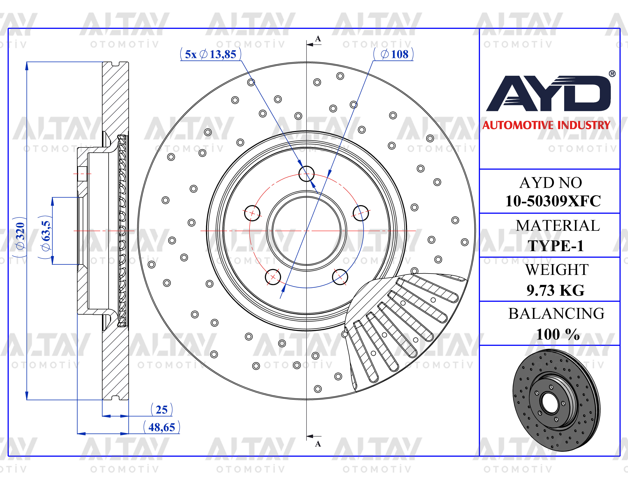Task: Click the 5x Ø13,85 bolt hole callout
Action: click(211, 54)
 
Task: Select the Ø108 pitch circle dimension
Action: click(393, 54)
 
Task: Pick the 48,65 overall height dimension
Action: click(162, 427)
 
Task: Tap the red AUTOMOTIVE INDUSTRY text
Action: click(546, 125)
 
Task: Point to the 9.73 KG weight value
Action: click(556, 290)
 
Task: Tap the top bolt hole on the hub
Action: click(307, 174)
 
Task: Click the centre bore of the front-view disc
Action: click(307, 230)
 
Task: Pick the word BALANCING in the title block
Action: click(556, 314)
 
